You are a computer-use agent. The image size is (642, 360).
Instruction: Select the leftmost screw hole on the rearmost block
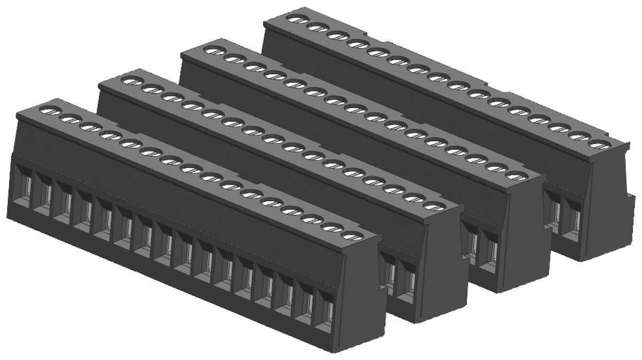click(294, 19)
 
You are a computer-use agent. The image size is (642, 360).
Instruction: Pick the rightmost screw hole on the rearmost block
click(599, 143)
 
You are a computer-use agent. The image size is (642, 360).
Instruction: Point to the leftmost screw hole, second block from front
click(130, 81)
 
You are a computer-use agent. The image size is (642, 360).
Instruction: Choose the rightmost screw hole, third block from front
click(514, 175)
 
